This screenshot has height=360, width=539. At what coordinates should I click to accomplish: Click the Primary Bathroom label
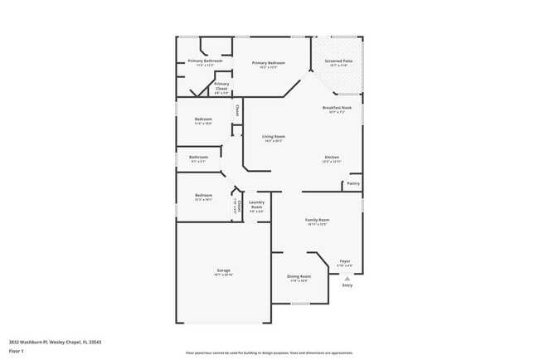[x=204, y=61]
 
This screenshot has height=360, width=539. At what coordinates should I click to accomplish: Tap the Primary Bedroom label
[x=269, y=63]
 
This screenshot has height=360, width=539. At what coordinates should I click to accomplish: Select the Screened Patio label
[x=338, y=61]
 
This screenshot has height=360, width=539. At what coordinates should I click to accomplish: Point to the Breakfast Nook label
[x=338, y=108]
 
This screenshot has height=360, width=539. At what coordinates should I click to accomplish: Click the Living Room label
[x=274, y=137]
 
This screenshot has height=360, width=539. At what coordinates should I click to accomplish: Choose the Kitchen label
[x=332, y=158]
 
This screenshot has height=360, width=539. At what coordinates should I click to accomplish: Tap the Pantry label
[x=353, y=183]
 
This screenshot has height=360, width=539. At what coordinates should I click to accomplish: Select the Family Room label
[x=318, y=220]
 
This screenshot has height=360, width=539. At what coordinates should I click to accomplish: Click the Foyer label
[x=345, y=261]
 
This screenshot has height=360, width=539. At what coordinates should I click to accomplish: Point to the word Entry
[x=347, y=286]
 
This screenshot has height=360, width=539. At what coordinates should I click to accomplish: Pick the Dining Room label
[x=299, y=276]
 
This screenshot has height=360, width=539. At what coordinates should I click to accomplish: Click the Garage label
[x=224, y=270]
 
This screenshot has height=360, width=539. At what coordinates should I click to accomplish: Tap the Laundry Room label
[x=256, y=204]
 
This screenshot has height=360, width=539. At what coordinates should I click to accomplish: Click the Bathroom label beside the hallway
[x=199, y=158]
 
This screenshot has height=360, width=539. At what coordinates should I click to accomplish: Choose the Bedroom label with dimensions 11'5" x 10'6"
[x=203, y=119]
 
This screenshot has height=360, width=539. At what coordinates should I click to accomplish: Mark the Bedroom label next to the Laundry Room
[x=203, y=196]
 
